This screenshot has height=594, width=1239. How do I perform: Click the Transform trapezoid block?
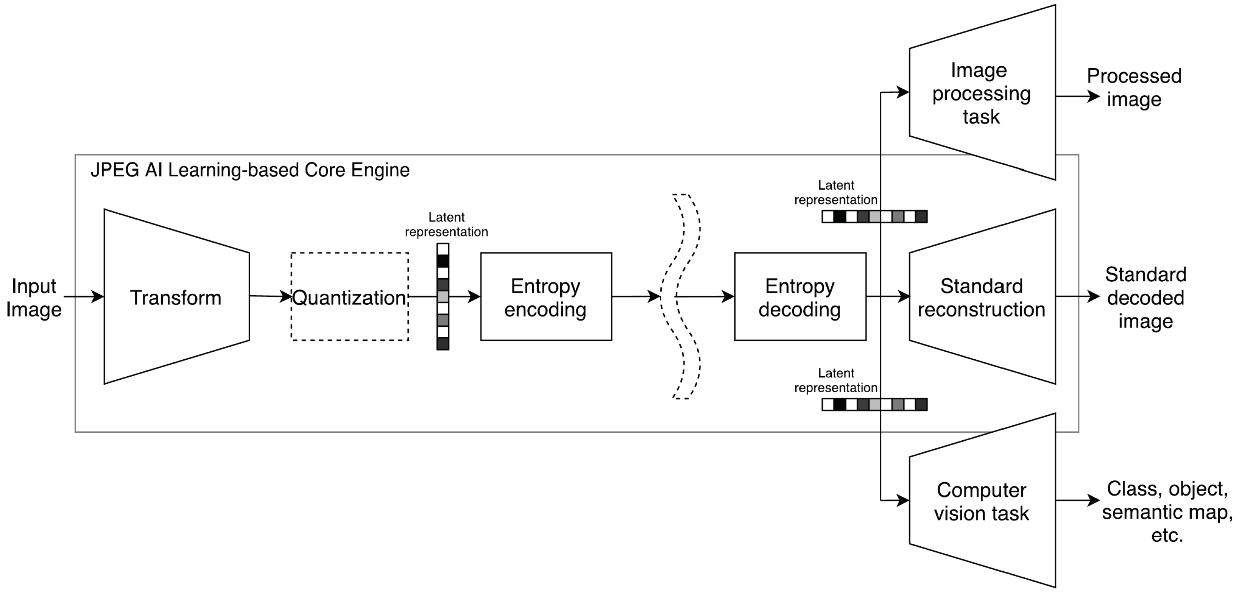click(176, 297)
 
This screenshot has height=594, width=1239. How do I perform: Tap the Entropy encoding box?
click(546, 297)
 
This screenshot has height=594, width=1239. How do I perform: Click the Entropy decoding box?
click(800, 297)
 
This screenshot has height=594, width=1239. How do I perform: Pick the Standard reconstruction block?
click(982, 297)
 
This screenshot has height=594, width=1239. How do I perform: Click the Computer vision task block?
click(982, 501)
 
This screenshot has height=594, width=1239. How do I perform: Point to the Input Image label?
click(34, 297)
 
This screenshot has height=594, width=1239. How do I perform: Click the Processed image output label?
click(1134, 87)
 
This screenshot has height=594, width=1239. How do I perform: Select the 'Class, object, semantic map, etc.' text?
click(1167, 512)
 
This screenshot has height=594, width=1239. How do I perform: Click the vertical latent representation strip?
click(443, 297)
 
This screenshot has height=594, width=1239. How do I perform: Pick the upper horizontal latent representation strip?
click(874, 217)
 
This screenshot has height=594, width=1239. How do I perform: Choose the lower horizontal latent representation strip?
click(874, 404)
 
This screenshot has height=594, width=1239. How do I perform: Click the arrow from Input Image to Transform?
click(84, 297)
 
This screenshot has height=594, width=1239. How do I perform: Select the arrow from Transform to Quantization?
click(270, 296)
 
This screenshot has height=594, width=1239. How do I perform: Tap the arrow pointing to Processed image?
click(1077, 96)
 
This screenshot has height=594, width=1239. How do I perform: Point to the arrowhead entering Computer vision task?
click(903, 500)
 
